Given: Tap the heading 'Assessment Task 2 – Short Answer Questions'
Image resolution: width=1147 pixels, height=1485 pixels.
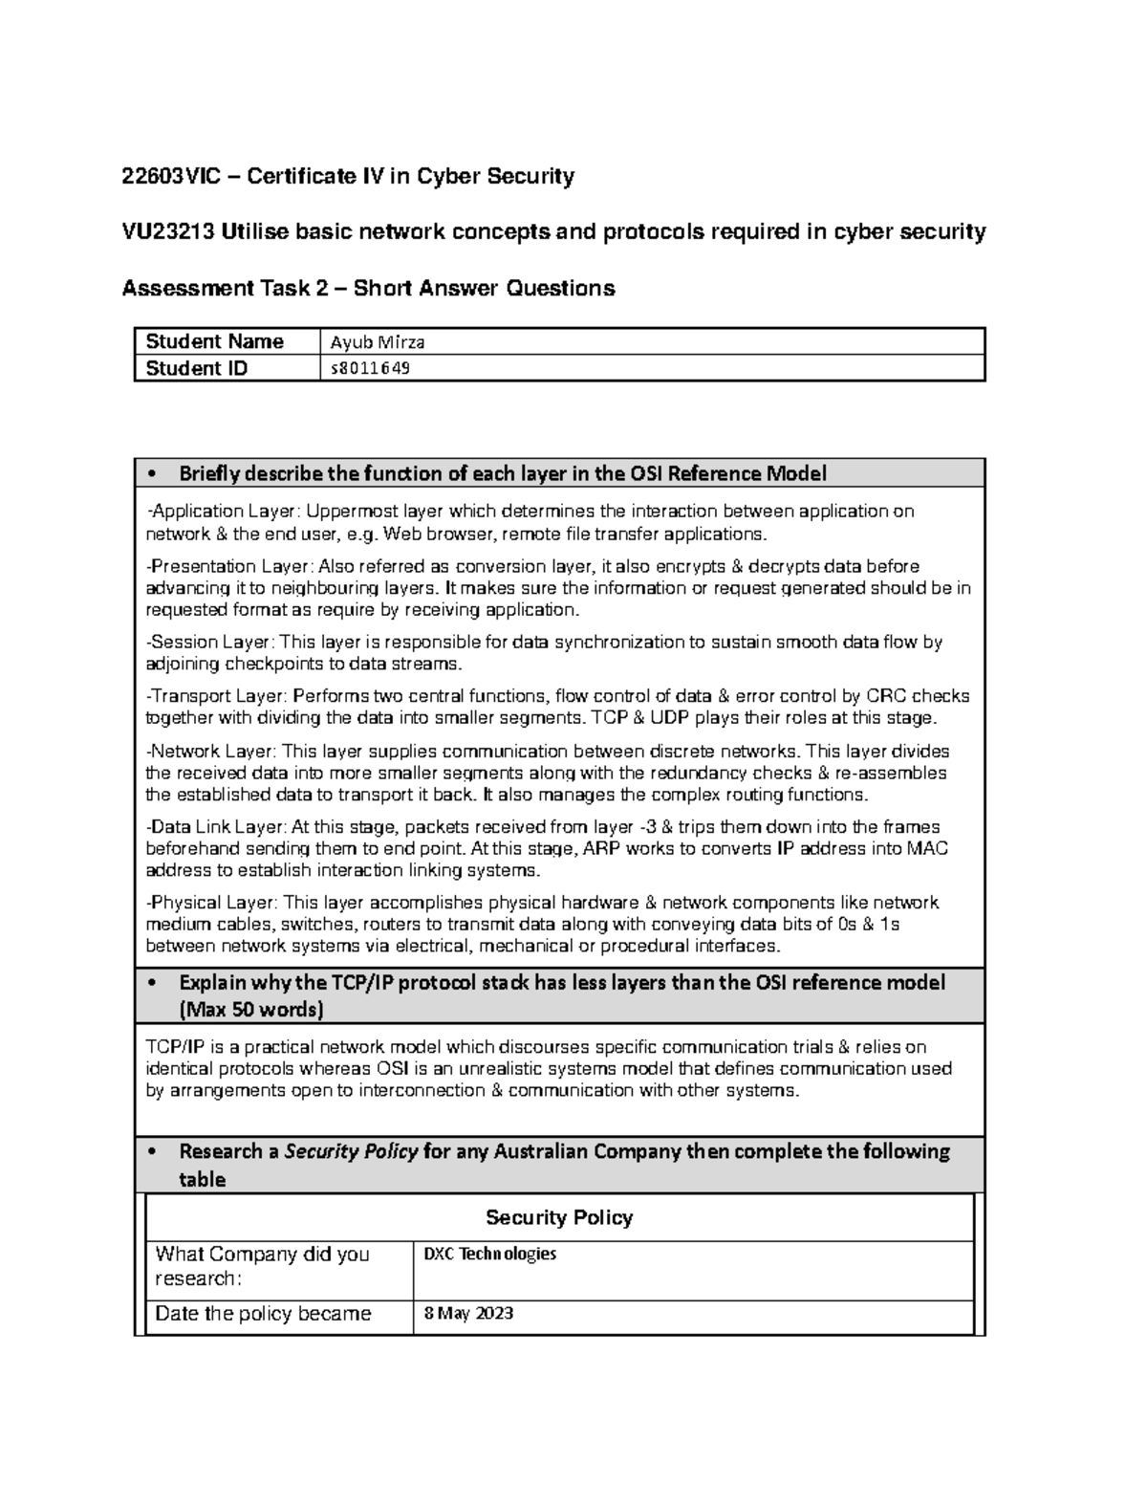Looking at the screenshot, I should pyautogui.click(x=368, y=288).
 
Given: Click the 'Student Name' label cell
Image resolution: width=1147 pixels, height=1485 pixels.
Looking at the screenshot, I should pyautogui.click(x=214, y=341).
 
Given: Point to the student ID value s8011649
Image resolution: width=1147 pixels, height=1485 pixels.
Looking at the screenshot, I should pyautogui.click(x=370, y=368).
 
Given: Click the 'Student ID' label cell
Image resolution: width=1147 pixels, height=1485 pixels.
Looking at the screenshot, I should pyautogui.click(x=196, y=368).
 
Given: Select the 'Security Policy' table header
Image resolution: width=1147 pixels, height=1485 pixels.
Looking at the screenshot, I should pyautogui.click(x=559, y=1217).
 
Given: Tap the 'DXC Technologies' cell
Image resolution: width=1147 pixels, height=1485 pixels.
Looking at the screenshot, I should pyautogui.click(x=489, y=1254).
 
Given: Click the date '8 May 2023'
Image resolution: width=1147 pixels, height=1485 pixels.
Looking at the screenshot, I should pyautogui.click(x=468, y=1313).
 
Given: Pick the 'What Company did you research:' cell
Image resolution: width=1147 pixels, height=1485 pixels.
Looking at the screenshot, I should pyautogui.click(x=262, y=1266).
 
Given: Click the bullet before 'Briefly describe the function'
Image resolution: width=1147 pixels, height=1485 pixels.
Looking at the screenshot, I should pyautogui.click(x=152, y=474).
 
